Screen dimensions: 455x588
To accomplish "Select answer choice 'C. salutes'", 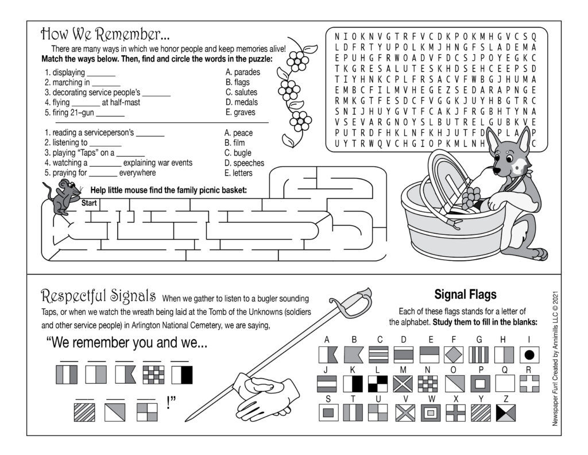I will [241, 92].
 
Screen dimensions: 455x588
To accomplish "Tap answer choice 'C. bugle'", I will [238, 153].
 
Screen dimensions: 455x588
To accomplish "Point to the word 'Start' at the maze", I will [89, 203].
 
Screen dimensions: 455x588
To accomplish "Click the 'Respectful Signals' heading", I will [98, 296].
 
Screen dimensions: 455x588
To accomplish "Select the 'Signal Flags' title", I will [465, 295].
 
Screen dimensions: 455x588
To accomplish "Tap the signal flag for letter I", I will [529, 354].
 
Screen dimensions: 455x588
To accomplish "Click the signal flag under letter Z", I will [506, 412].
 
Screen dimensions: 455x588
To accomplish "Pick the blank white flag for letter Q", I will [505, 384].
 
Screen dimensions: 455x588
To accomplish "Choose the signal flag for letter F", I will [454, 354].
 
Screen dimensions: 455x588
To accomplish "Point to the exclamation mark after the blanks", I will [169, 403].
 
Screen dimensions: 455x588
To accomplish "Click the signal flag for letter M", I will [403, 384].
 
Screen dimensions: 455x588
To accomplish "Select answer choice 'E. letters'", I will [238, 173].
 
